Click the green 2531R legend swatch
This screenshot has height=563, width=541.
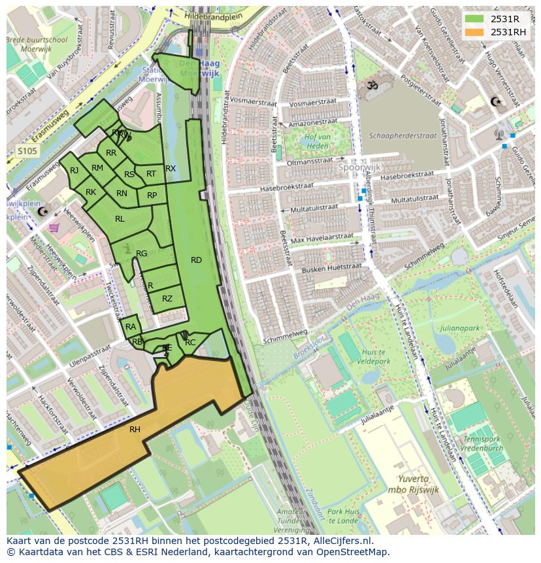click(474, 19)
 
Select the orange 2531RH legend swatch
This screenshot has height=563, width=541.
click(474, 32)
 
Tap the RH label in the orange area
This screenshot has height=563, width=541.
click(135, 430)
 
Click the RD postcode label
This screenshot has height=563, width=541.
click(196, 260)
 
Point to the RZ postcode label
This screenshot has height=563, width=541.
click(167, 299)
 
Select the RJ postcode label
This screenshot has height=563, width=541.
click(74, 171)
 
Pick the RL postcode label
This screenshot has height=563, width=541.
click(120, 219)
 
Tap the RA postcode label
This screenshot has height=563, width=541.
click(131, 327)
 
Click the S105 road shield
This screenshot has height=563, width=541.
click(27, 151)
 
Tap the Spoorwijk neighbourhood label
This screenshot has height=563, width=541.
click(359, 167)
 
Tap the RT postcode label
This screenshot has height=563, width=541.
click(152, 174)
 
